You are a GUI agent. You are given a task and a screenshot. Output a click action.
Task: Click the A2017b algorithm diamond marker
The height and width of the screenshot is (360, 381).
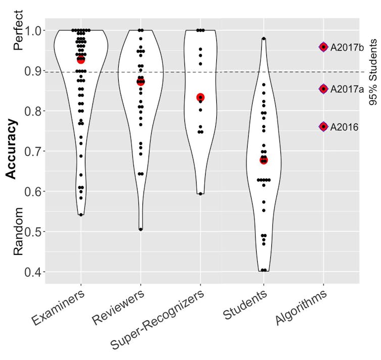click(x=323, y=47)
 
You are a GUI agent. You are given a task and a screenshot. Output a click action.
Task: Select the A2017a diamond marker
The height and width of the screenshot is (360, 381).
click(x=323, y=88)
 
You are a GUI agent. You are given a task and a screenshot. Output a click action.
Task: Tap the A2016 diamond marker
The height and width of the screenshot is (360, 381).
click(x=323, y=126)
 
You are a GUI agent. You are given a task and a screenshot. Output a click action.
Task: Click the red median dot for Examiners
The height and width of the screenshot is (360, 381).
click(x=81, y=59)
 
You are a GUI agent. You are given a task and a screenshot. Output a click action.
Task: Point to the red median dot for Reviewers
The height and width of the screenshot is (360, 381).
click(x=140, y=81)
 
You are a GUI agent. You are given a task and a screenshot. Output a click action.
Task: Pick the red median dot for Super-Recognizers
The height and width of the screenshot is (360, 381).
click(x=201, y=97)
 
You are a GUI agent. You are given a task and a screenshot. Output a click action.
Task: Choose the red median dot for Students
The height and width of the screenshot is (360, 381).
click(x=263, y=160)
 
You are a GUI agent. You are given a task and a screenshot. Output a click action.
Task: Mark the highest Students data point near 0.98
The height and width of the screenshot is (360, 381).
click(x=263, y=38)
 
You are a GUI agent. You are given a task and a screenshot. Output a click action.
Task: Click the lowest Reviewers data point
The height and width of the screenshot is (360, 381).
click(x=140, y=229)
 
